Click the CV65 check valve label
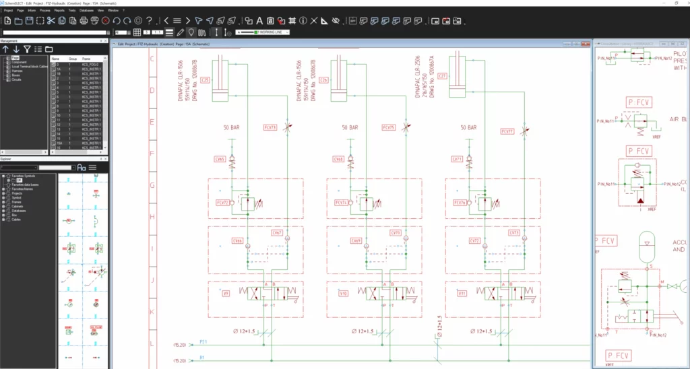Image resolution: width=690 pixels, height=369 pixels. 220,160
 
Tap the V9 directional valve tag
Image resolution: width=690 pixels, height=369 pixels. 226,293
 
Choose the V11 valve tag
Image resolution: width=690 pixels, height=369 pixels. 462,293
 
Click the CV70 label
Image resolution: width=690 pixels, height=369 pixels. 396,233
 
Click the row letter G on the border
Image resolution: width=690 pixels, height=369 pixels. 152,184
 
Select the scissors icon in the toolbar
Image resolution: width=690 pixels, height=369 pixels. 51,21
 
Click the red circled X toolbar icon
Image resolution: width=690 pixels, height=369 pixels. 105,21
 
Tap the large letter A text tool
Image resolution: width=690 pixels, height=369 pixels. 259,21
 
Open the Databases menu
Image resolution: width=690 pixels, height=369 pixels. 86,11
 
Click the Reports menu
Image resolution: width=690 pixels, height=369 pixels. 59,11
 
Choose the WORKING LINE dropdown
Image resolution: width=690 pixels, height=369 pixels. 263,32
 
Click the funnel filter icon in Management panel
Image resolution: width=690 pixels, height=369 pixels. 26,49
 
